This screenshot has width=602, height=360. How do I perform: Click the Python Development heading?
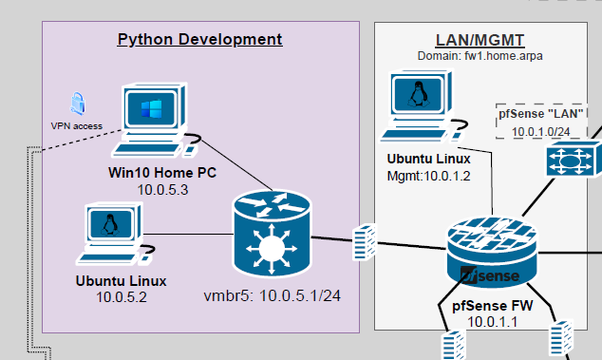click(x=199, y=39)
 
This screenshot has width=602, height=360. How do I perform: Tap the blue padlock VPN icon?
click(x=77, y=104)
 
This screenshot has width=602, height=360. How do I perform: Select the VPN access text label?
click(x=76, y=125)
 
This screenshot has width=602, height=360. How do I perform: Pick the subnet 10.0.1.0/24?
click(x=541, y=131)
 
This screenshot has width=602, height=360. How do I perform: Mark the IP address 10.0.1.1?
click(x=491, y=323)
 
